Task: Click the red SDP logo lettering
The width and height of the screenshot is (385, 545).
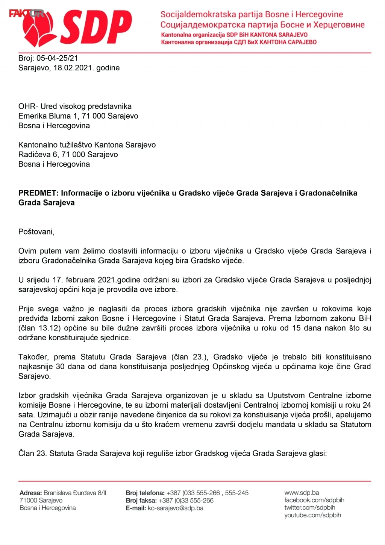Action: pyautogui.click(x=96, y=27)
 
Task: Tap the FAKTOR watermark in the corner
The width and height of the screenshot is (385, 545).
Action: pyautogui.click(x=26, y=14)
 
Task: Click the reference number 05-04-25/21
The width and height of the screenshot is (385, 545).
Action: pyautogui.click(x=57, y=58)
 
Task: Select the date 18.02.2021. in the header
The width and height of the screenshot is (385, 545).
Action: pyautogui.click(x=73, y=68)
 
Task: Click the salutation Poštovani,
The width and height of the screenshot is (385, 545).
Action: pyautogui.click(x=36, y=231)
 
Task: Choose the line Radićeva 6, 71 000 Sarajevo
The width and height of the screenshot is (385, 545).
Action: pyautogui.click(x=68, y=154)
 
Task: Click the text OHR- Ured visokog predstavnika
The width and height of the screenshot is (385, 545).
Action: pyautogui.click(x=75, y=106)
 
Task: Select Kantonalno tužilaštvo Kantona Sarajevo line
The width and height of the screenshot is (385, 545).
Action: pyautogui.click(x=87, y=145)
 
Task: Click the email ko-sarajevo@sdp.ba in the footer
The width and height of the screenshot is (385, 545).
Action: pyautogui.click(x=176, y=508)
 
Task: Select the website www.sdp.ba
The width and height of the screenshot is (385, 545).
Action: pyautogui.click(x=302, y=493)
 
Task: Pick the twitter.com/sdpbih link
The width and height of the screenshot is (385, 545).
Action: pyautogui.click(x=309, y=507)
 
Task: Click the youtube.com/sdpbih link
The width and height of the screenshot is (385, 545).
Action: pyautogui.click(x=312, y=515)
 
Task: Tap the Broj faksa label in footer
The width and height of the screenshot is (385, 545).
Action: pyautogui.click(x=141, y=501)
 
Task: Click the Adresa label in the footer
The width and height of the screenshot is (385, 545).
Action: pyautogui.click(x=30, y=493)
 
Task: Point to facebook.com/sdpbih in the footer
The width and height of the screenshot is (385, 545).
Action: pyautogui.click(x=314, y=500)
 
